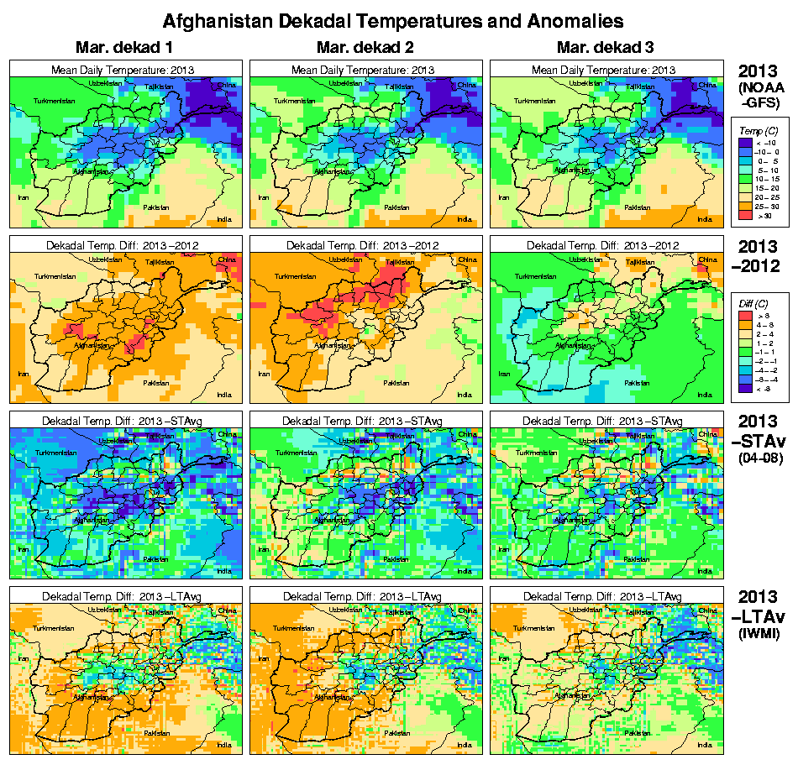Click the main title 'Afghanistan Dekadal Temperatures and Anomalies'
[393, 19]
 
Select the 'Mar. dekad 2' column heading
[365, 48]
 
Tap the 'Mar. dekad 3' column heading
[605, 48]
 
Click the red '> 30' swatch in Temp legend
[743, 216]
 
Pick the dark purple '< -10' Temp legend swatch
[743, 143]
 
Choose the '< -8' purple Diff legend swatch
[744, 389]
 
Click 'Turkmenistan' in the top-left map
[54, 101]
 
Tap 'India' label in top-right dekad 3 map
[705, 219]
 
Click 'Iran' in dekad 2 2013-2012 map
[264, 374]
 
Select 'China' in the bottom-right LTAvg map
[706, 609]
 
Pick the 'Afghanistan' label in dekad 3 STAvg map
[570, 520]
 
